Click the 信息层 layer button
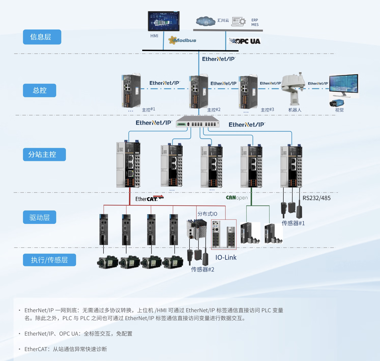(42, 37)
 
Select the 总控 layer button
(39, 90)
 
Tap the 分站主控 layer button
(44, 154)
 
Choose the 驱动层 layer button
(39, 217)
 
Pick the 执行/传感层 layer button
(49, 260)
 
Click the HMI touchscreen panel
(164, 21)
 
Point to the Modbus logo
(182, 40)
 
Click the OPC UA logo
(244, 41)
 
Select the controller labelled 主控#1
(131, 91)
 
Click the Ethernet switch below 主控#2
(198, 122)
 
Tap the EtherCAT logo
(149, 199)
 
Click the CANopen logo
(237, 198)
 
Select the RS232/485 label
(316, 198)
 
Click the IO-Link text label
(226, 257)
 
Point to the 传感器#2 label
(202, 269)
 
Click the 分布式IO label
(207, 214)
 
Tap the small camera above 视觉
(337, 103)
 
